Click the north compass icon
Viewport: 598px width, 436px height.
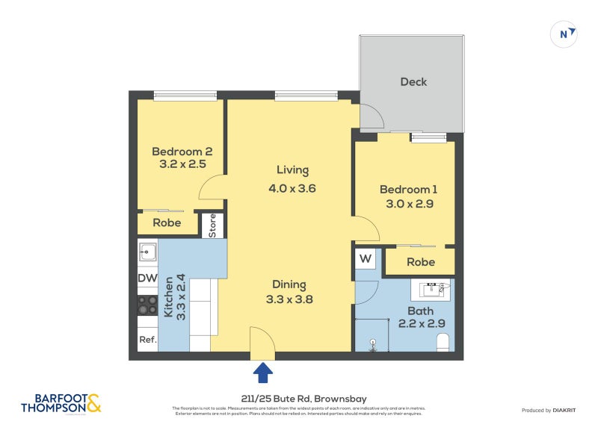pos(564,34)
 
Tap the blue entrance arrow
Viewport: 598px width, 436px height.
pos(264,373)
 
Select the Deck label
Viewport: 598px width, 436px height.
pos(413,81)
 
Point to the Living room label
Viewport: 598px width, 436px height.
pos(292,170)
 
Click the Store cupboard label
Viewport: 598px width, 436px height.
pos(212,225)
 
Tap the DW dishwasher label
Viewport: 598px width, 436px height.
pos(147,278)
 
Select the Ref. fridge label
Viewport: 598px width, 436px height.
pos(147,340)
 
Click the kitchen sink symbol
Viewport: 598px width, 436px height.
pos(147,253)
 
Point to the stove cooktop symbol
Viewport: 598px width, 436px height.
pos(147,305)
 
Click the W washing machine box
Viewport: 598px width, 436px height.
pos(366,259)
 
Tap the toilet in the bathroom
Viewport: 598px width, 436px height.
pos(443,342)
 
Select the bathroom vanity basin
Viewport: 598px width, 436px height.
pos(431,287)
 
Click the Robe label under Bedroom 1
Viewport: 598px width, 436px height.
pos(421,262)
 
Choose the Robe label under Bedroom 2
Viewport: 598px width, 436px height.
pos(167,222)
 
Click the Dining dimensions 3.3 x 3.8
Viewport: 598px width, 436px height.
pos(289,299)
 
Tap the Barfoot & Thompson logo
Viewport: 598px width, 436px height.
pos(61,403)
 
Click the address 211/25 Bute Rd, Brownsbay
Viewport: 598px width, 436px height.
pos(298,399)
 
